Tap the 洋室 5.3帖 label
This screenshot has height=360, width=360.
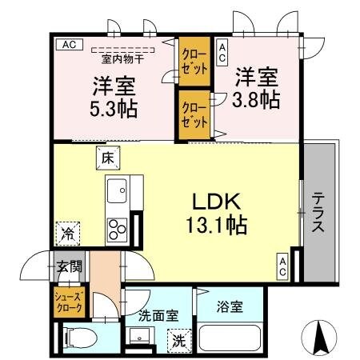[x=111, y=94]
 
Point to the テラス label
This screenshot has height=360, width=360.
[x=318, y=211]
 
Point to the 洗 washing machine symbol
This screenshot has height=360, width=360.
[x=181, y=339]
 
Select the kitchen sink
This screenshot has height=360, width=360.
[x=117, y=193]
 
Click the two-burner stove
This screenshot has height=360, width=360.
[x=117, y=228]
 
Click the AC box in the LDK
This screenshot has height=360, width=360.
[x=283, y=265]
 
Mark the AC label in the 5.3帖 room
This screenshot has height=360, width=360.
[x=68, y=45]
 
